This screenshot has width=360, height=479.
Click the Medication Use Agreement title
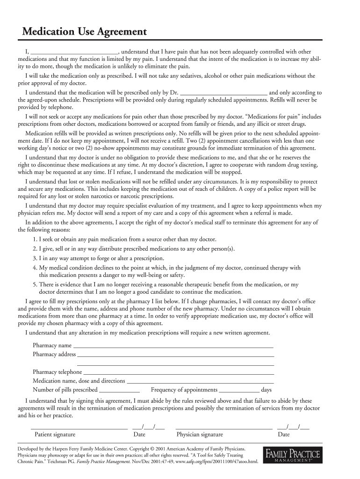[82, 32]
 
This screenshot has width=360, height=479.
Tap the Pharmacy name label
[52, 346]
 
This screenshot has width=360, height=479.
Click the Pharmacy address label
[54, 355]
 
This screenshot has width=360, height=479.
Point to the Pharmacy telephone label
[57, 372]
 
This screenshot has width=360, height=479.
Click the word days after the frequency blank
[266, 390]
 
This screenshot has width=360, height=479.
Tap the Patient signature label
[55, 435]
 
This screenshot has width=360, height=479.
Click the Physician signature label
[200, 435]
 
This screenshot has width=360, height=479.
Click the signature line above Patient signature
[79, 428]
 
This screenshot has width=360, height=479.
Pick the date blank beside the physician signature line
[293, 427]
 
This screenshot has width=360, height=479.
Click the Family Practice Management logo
[293, 456]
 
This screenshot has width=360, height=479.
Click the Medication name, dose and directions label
[79, 381]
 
